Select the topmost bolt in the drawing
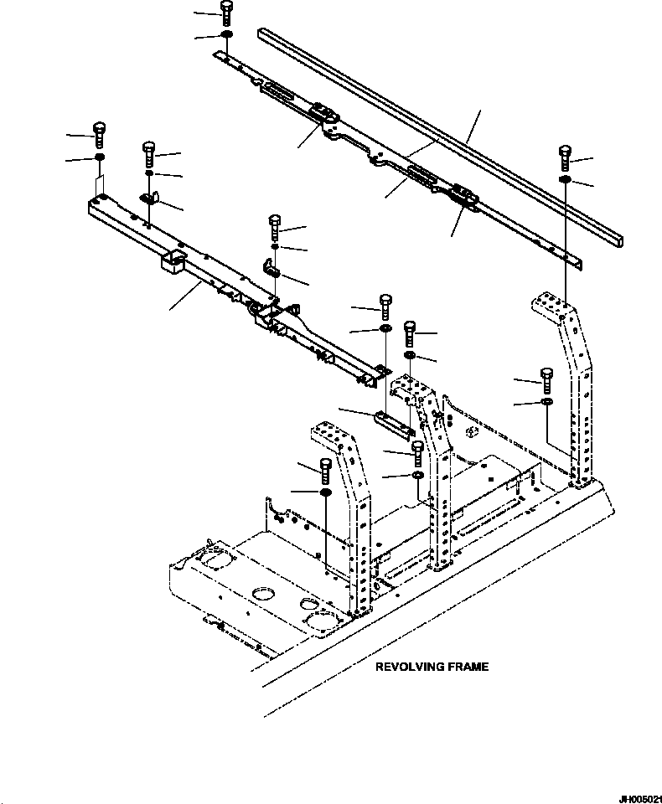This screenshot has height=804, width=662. (226, 13)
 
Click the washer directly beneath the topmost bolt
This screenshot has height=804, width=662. (226, 35)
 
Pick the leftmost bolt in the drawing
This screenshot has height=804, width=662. (99, 135)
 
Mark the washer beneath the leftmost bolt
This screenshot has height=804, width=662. (100, 157)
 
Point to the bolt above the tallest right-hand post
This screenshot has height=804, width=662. (565, 158)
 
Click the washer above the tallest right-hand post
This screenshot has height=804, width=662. (565, 179)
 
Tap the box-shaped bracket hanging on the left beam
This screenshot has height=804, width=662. (173, 262)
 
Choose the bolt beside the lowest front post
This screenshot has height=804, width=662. (326, 472)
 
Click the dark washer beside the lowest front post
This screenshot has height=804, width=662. (326, 492)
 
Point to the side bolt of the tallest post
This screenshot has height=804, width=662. (546, 381)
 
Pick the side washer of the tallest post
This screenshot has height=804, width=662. (546, 401)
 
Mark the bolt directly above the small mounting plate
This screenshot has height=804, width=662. (385, 307)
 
